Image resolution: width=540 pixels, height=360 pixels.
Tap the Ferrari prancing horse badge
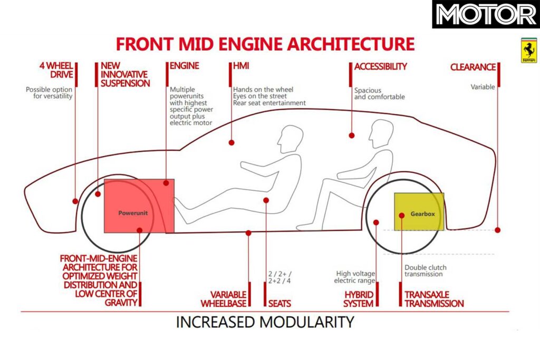click(529, 51)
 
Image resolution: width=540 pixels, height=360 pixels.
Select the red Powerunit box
click(139, 206)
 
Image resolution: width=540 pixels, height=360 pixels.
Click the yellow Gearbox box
click(419, 211)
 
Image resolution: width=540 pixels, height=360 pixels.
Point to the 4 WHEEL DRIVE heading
click(56, 70)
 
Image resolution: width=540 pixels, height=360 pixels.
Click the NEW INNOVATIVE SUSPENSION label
click(124, 74)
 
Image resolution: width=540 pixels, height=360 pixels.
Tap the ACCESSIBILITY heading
click(380, 66)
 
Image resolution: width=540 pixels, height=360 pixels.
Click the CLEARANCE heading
click(473, 67)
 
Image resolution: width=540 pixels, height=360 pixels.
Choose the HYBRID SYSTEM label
click(358, 298)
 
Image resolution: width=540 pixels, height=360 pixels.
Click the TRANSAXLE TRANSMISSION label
click(433, 298)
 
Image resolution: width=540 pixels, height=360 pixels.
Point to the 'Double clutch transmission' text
click(423, 270)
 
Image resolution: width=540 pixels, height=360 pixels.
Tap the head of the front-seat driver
click(290, 140)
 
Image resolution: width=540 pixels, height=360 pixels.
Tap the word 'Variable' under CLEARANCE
click(483, 87)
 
